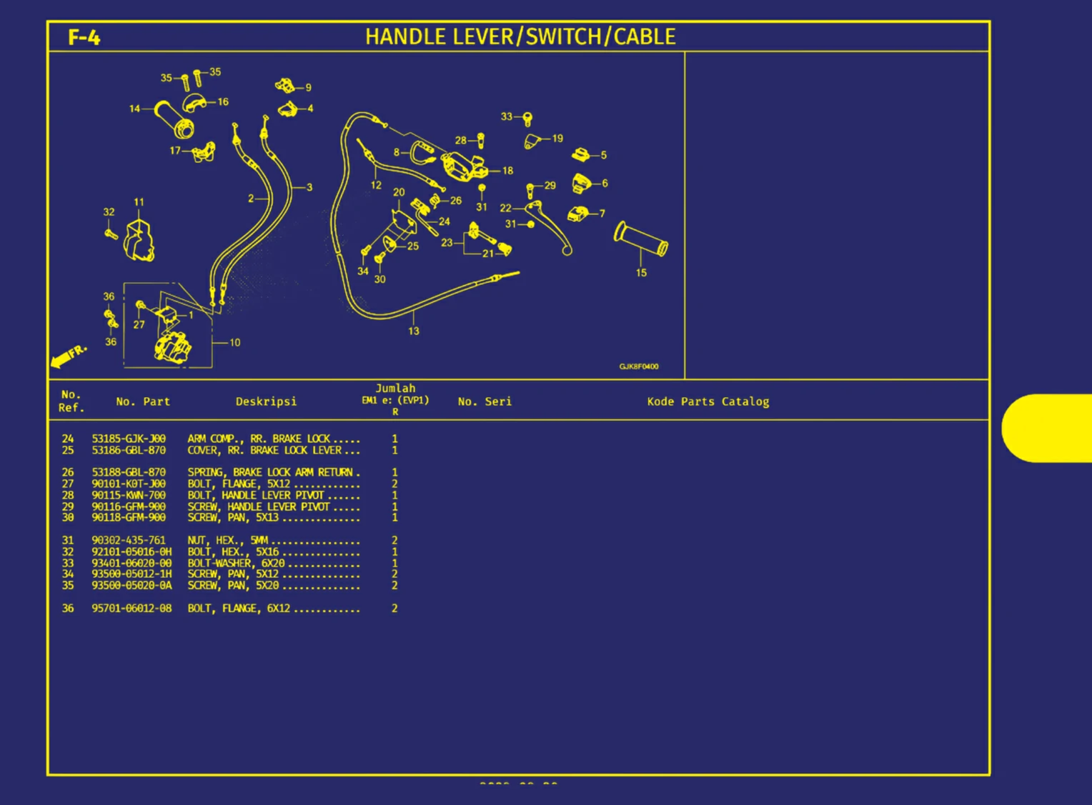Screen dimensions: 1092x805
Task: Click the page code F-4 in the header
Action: [x=84, y=38]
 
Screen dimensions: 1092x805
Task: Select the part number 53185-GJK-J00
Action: [x=129, y=439]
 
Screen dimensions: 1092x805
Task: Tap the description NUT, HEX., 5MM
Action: [x=228, y=541]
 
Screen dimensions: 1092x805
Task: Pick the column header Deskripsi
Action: [x=266, y=401]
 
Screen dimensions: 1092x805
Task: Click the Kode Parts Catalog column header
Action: [x=708, y=401]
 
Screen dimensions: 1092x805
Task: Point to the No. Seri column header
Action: [x=485, y=401]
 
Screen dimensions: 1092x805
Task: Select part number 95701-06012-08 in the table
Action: [x=131, y=608]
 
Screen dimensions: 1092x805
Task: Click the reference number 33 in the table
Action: [x=68, y=563]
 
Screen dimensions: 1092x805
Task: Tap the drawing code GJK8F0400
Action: [x=639, y=366]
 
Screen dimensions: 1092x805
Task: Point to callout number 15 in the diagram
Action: [x=641, y=273]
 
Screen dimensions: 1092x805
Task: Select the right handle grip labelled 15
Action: [x=640, y=239]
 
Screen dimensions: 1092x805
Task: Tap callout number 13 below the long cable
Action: [x=413, y=331]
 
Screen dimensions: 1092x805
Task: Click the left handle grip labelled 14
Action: [x=174, y=119]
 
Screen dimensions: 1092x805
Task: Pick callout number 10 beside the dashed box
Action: [x=235, y=343]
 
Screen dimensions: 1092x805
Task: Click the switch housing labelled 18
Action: [x=464, y=166]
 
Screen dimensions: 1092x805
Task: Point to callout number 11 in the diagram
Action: [x=139, y=201]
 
